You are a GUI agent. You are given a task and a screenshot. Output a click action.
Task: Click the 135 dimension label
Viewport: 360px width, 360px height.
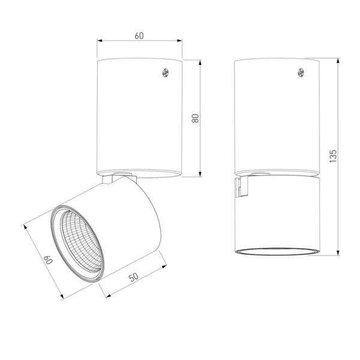(x=333, y=157)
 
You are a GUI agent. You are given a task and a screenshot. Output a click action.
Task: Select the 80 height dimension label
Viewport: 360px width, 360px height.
(x=195, y=118)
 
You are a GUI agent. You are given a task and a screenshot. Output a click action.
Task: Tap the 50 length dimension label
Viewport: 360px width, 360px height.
(x=134, y=277)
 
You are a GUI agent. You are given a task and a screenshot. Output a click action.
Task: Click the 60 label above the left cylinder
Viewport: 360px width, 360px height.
(x=139, y=36)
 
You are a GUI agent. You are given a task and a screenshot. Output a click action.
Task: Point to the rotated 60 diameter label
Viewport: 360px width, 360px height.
(x=49, y=259)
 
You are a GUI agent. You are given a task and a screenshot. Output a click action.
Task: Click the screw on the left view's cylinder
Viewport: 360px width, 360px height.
(x=166, y=73)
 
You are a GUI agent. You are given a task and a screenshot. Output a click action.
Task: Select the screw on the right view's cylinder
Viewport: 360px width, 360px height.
(x=301, y=73)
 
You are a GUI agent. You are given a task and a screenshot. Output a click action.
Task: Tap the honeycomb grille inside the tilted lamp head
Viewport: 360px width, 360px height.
(x=80, y=241)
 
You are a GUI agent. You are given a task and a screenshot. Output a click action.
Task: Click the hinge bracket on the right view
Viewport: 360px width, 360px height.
(x=241, y=187)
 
